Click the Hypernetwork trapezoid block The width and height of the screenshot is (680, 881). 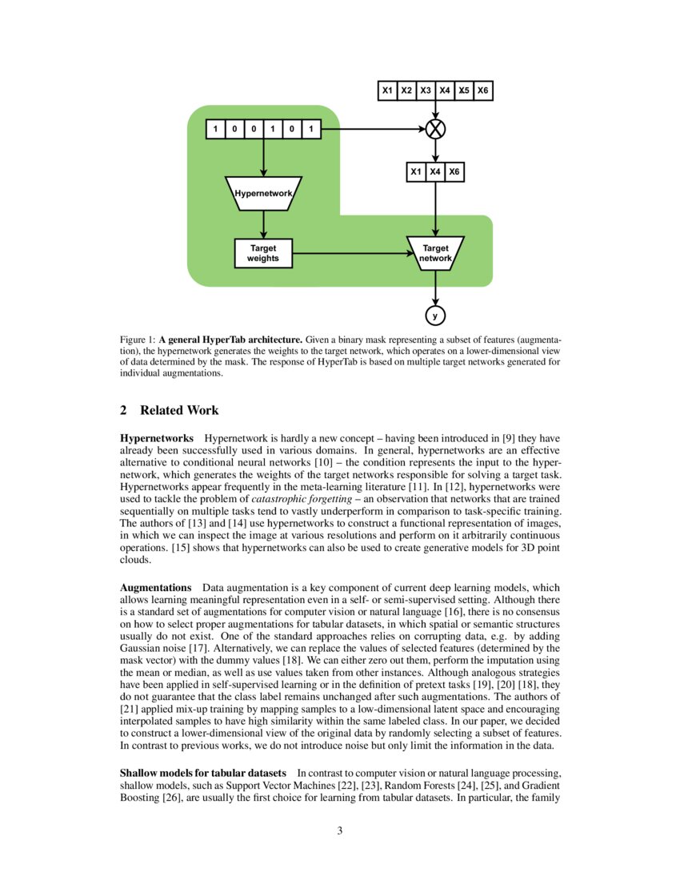(x=263, y=193)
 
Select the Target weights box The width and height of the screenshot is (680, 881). (x=263, y=253)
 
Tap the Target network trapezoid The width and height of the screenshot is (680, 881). (x=435, y=253)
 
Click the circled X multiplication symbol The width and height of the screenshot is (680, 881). (x=435, y=128)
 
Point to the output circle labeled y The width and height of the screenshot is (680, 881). (x=435, y=316)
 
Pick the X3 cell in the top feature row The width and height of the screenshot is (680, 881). (x=426, y=91)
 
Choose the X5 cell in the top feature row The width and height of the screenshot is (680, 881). (x=464, y=91)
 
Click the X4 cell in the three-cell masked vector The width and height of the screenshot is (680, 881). (x=435, y=171)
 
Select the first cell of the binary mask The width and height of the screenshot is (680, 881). (x=215, y=128)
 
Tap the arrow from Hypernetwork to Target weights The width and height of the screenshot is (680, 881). (x=263, y=224)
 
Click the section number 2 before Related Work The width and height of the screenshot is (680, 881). (x=124, y=411)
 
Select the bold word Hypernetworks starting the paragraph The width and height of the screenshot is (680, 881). (x=156, y=439)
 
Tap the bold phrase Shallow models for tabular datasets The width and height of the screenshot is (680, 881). (x=202, y=773)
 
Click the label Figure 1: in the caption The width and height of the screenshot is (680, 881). (x=137, y=340)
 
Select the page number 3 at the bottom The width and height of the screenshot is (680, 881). (x=340, y=831)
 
